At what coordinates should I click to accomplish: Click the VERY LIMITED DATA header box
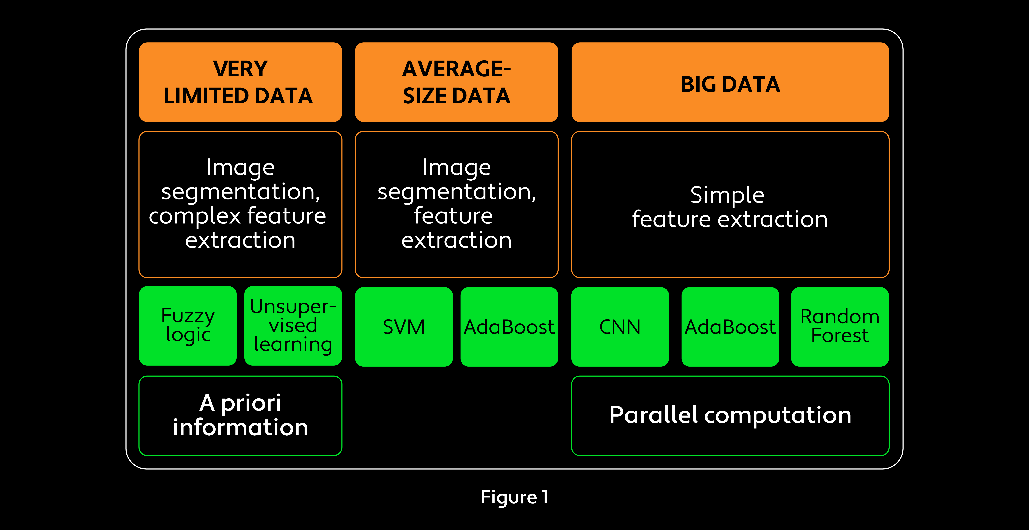coord(240,82)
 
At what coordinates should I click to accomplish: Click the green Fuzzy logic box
coord(188,326)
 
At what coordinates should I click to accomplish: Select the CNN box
coord(620,326)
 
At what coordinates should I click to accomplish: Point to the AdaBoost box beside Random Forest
coord(730,326)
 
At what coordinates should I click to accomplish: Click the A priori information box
coord(240,415)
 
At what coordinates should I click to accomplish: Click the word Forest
coord(840,335)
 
